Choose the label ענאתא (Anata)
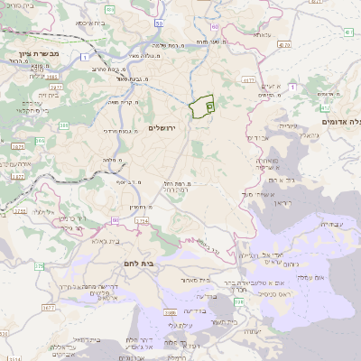pos(262,34)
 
